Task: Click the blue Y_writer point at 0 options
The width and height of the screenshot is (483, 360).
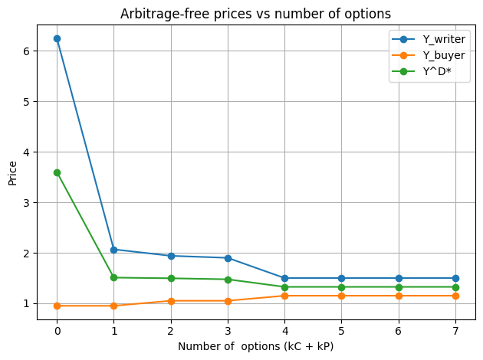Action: click(x=57, y=38)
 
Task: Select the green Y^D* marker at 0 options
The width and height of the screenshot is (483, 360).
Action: click(x=57, y=172)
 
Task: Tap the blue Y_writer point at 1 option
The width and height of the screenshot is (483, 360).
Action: click(x=113, y=250)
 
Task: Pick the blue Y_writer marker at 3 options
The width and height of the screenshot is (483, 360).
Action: click(x=228, y=258)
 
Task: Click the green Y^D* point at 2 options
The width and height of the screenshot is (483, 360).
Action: click(x=171, y=278)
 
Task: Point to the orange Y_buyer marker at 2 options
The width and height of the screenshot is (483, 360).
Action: click(x=171, y=301)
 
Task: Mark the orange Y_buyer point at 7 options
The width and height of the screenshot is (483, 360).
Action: click(x=455, y=296)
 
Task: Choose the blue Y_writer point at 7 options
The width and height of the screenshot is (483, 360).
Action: click(x=455, y=278)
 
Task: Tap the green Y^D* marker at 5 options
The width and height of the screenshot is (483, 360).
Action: click(x=342, y=287)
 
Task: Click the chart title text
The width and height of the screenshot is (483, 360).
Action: click(x=256, y=13)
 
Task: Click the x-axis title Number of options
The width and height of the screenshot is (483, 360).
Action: click(x=256, y=346)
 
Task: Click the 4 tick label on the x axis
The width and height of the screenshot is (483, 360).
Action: click(x=284, y=331)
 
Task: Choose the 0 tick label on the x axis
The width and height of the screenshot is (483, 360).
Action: click(x=57, y=331)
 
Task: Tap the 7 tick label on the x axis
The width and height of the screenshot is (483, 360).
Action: click(x=455, y=331)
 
